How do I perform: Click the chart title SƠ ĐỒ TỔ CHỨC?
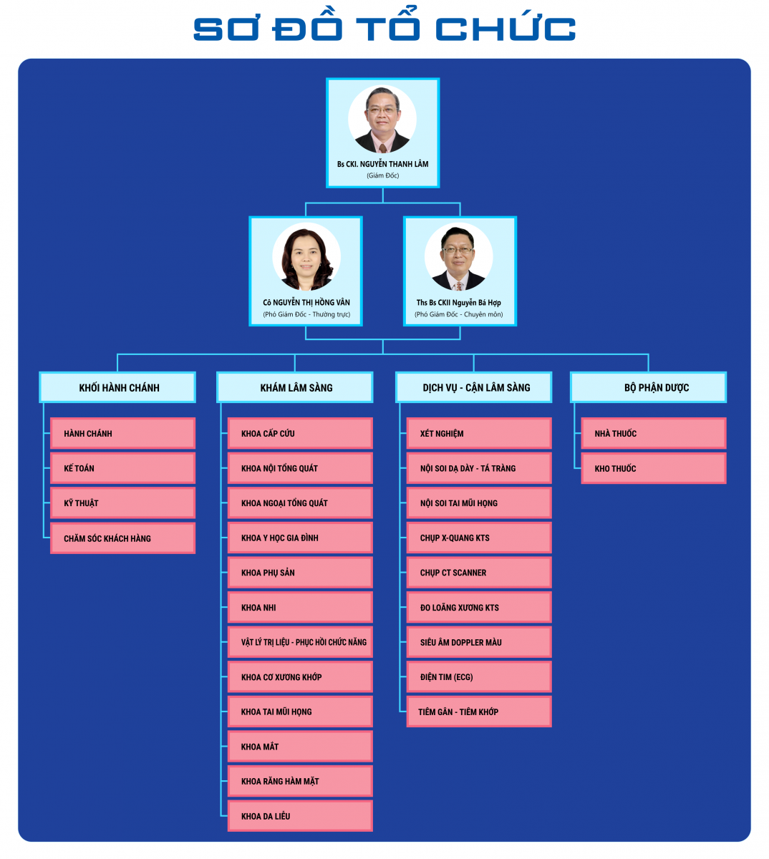pyautogui.click(x=384, y=29)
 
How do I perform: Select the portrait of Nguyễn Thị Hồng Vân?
pyautogui.click(x=306, y=257)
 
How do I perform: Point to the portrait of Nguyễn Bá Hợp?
pyautogui.click(x=459, y=257)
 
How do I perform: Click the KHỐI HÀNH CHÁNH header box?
pyautogui.click(x=118, y=387)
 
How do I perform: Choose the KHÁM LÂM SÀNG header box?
pyautogui.click(x=295, y=387)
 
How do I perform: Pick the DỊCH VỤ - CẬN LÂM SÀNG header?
pyautogui.click(x=474, y=387)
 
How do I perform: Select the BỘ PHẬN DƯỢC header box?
pyautogui.click(x=649, y=387)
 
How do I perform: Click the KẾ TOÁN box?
pyautogui.click(x=122, y=468)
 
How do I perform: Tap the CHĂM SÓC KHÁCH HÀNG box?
pyautogui.click(x=122, y=538)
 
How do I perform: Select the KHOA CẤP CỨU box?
pyautogui.click(x=300, y=433)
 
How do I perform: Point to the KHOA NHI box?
pyautogui.click(x=300, y=607)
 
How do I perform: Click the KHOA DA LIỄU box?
pyautogui.click(x=300, y=816)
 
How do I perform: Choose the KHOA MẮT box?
pyautogui.click(x=300, y=747)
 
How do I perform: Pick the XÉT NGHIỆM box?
pyautogui.click(x=479, y=433)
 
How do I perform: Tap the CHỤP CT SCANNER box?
pyautogui.click(x=479, y=573)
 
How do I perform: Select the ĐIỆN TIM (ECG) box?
pyautogui.click(x=479, y=676)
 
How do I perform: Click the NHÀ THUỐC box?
pyautogui.click(x=654, y=433)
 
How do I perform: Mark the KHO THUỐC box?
pyautogui.click(x=654, y=468)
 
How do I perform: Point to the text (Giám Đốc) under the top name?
pyautogui.click(x=383, y=175)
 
